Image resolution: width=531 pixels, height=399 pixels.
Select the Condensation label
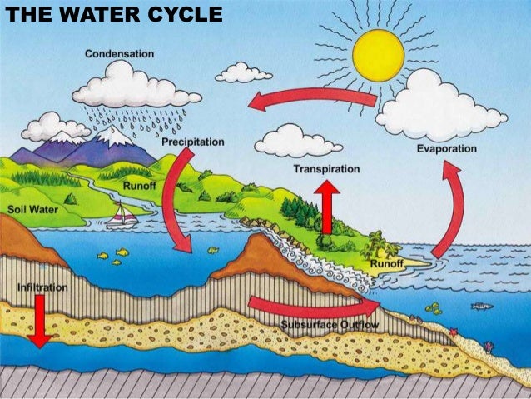[120, 54]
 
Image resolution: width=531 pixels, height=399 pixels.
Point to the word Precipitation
[193, 142]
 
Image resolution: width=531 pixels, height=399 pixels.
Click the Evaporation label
[446, 149]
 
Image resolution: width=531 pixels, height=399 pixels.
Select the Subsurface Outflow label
[330, 324]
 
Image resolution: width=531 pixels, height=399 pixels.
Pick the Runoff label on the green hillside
[139, 184]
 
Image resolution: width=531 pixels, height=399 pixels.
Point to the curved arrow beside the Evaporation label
[449, 208]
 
